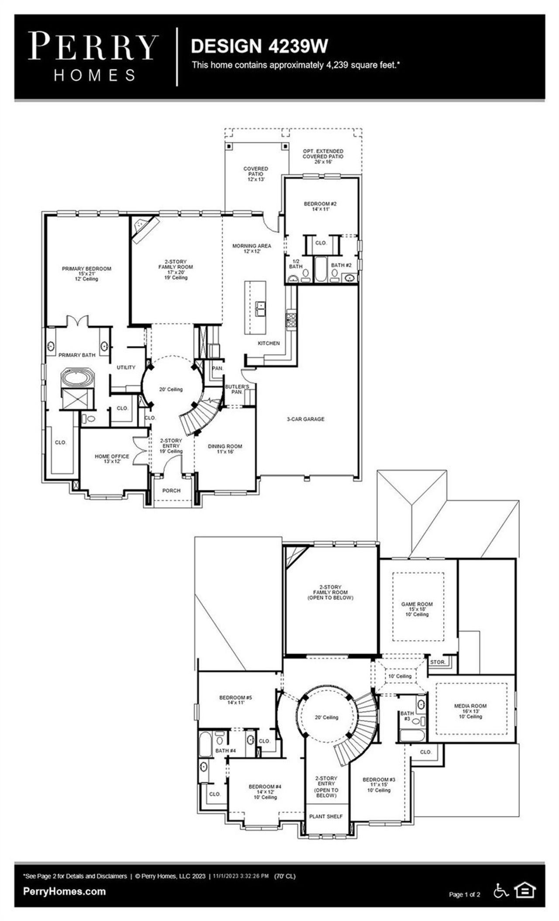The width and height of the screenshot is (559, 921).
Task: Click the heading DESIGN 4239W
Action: tap(259, 46)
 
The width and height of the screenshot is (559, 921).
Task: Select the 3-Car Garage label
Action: tap(306, 419)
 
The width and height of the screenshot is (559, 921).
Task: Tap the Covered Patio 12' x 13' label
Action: tap(255, 174)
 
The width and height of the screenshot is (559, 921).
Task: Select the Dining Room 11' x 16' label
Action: tap(224, 449)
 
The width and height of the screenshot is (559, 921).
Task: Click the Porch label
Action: tap(171, 490)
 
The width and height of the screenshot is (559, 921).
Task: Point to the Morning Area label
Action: tap(252, 248)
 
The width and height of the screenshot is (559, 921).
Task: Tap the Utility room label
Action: tap(126, 367)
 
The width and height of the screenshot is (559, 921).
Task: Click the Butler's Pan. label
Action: tap(237, 389)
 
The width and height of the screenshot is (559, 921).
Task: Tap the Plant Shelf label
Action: tap(326, 816)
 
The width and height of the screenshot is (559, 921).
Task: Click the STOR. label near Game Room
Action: tap(437, 662)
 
